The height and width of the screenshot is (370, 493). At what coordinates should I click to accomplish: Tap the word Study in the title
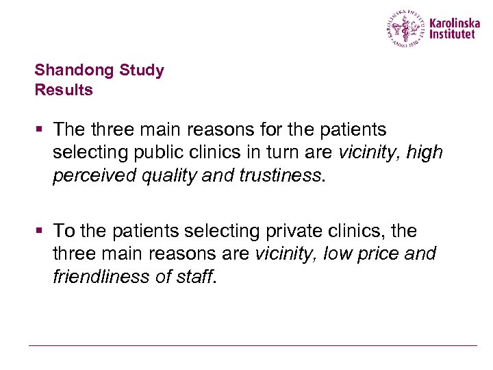click(x=142, y=71)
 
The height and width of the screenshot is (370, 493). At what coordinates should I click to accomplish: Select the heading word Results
click(x=64, y=90)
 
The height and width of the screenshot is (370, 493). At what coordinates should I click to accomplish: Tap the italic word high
click(x=425, y=151)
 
